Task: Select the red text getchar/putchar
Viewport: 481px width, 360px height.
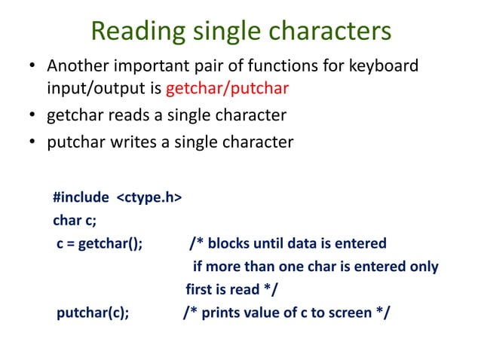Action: [227, 90]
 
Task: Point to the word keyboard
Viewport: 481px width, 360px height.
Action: [382, 68]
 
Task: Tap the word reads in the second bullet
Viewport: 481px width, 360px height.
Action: [127, 116]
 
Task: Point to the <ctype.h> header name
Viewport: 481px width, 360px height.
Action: [149, 198]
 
